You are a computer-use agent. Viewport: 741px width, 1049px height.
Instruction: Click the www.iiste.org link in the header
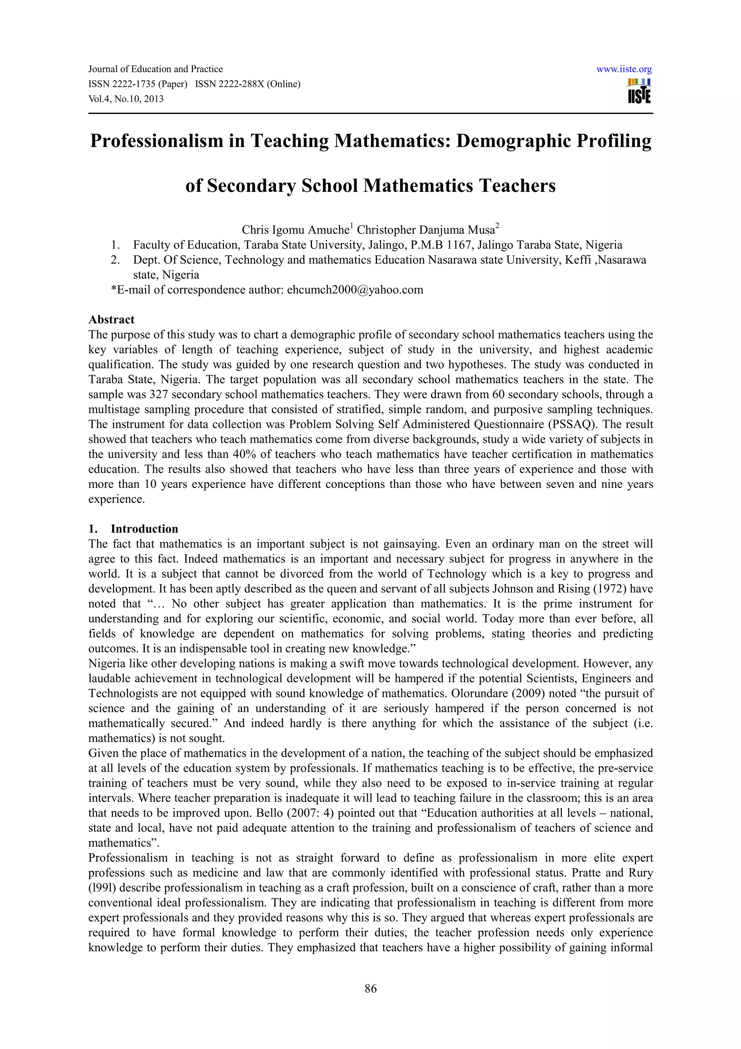pyautogui.click(x=624, y=69)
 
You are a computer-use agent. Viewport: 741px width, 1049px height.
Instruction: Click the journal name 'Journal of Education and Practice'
pyautogui.click(x=155, y=69)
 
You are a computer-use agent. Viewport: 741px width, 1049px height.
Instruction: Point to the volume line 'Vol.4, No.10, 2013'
pyautogui.click(x=126, y=99)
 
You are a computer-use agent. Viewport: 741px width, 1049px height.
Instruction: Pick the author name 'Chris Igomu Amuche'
pyautogui.click(x=295, y=229)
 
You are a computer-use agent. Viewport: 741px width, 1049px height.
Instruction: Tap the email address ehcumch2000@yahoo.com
pyautogui.click(x=355, y=290)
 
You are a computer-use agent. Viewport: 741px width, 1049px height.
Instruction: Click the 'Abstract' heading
pyautogui.click(x=111, y=319)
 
